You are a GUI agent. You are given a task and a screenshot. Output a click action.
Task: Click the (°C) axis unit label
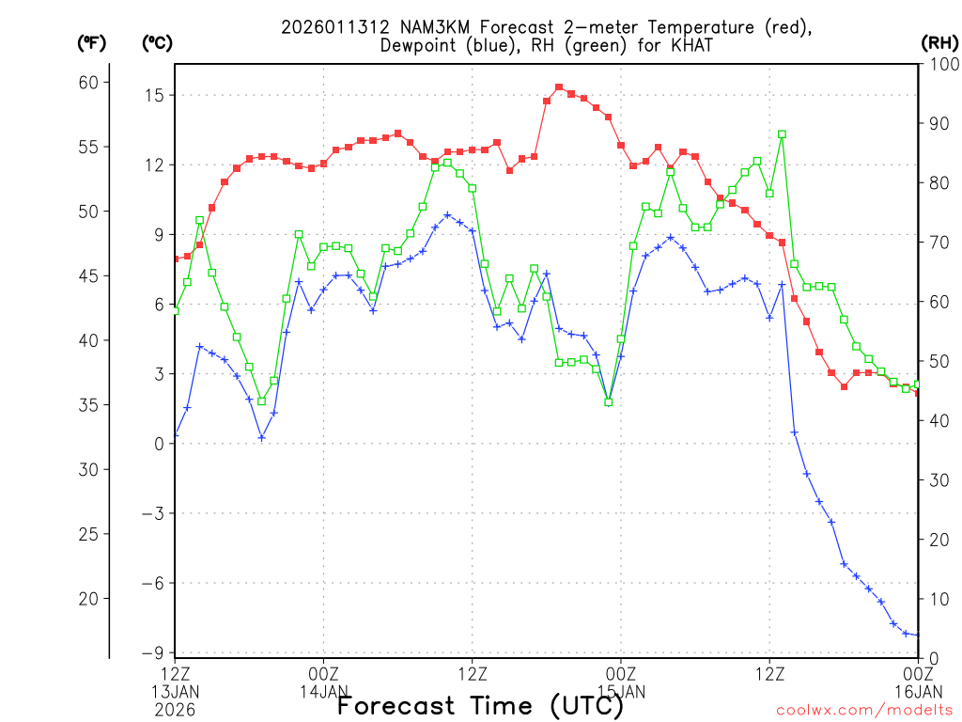pos(156,42)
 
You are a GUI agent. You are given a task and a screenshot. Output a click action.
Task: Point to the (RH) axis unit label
pos(939,42)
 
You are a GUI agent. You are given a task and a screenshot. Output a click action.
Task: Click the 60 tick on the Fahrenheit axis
pos(88,82)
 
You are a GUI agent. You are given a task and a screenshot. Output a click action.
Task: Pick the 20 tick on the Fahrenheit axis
pos(88,598)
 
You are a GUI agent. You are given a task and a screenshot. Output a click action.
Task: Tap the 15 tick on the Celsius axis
pos(154,95)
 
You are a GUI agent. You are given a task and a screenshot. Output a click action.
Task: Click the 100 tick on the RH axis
pos(940,65)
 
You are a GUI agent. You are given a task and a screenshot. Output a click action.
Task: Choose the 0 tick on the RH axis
pos(932,658)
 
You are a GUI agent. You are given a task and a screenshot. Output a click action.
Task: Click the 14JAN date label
pos(324,691)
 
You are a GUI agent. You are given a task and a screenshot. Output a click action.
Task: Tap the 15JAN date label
pos(621,691)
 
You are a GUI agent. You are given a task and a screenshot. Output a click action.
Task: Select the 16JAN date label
pos(917,691)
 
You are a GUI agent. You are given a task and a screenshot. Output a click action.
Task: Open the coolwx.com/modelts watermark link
pos(864,710)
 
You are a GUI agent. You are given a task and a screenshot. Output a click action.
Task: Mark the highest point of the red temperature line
pos(559,87)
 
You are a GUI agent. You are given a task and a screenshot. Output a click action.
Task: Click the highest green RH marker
pos(782,134)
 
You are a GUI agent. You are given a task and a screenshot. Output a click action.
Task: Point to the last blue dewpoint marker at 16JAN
pos(917,636)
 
